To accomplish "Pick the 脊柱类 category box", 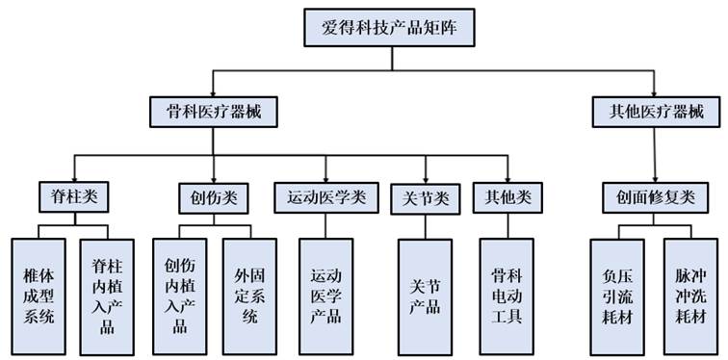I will click(x=73, y=197).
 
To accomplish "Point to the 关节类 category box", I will click(x=424, y=198).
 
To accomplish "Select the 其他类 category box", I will click(x=507, y=197).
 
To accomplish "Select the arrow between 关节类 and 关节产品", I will click(x=424, y=226).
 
